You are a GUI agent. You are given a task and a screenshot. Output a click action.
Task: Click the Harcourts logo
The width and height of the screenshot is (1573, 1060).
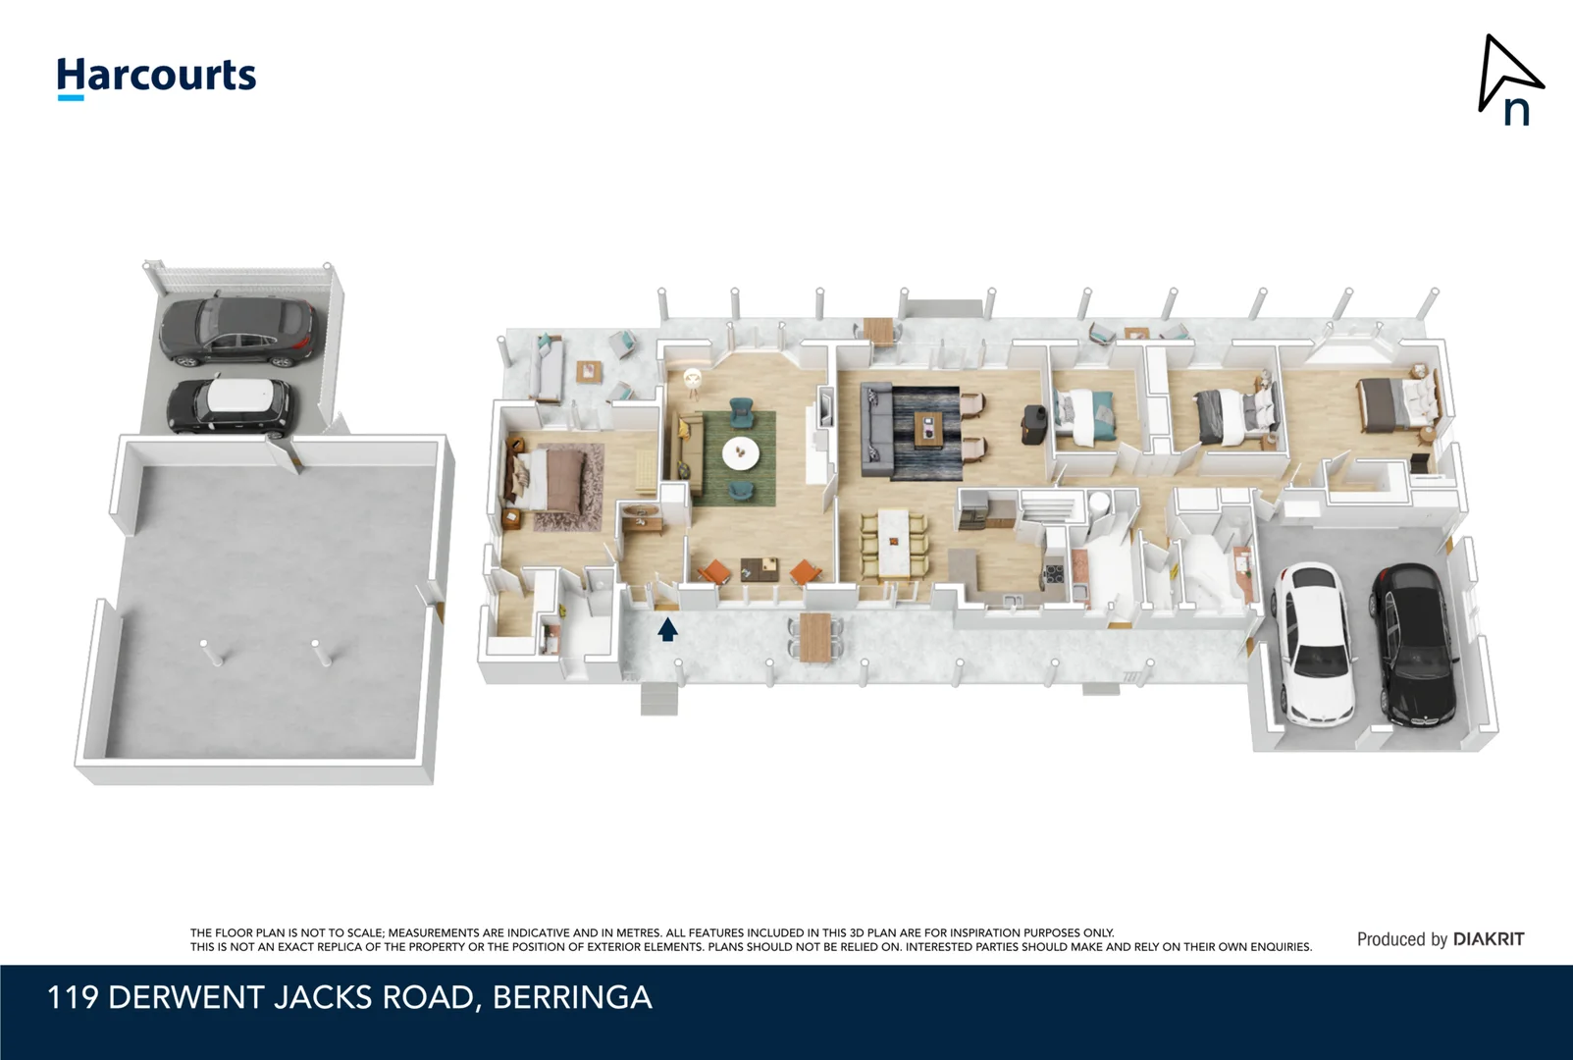pos(156,77)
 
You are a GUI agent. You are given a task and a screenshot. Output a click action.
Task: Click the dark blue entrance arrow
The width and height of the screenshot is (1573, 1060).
pos(667,628)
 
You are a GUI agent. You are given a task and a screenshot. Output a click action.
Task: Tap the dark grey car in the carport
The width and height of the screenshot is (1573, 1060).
pos(238,330)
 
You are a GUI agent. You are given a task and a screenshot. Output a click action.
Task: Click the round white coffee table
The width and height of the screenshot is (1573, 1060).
pos(740,453)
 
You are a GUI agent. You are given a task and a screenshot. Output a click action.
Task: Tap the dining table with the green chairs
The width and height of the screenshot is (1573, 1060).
pos(894,544)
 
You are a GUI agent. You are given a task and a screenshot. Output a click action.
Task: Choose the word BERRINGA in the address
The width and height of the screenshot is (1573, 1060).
pos(572,997)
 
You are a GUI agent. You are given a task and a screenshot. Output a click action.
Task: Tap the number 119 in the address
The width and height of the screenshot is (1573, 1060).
pos(73,997)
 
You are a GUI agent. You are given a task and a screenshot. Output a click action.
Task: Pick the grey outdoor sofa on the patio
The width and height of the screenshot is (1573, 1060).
pos(547,368)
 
